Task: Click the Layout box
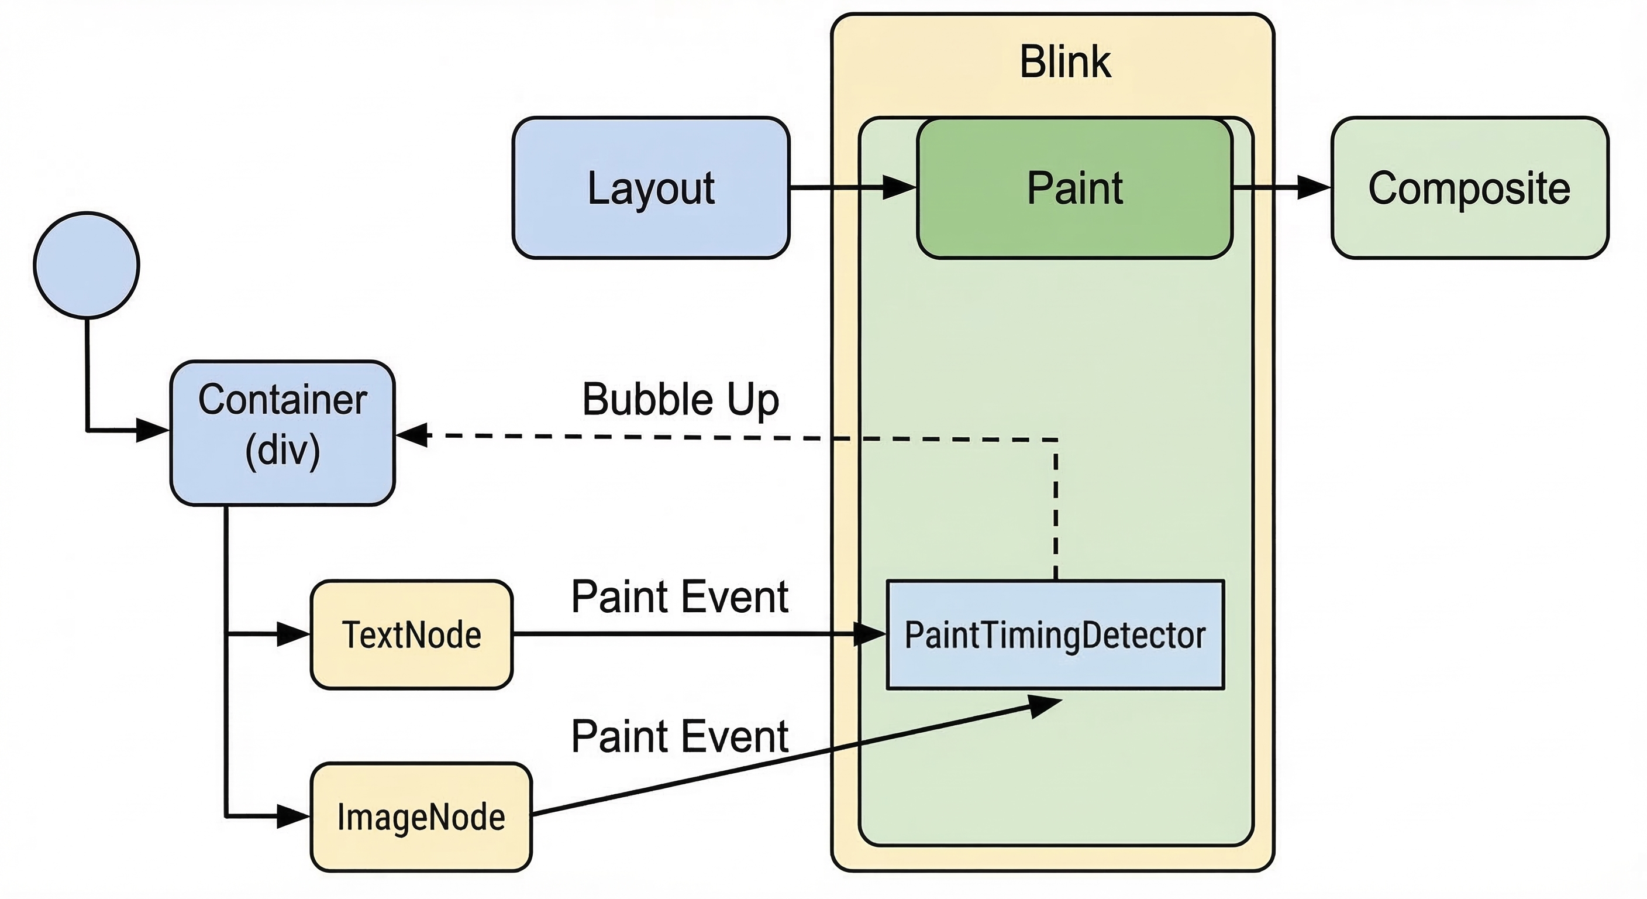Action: [651, 187]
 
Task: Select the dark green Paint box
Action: [1074, 187]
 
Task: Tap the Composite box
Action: [1469, 187]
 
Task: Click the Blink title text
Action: [1065, 62]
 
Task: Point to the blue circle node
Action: [87, 265]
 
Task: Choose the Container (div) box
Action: [282, 433]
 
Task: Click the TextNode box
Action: [411, 634]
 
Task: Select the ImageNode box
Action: [421, 816]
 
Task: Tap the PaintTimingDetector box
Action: [1055, 634]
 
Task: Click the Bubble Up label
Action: [680, 399]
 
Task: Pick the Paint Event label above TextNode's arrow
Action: [679, 596]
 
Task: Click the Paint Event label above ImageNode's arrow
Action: [679, 736]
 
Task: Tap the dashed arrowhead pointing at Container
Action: [412, 435]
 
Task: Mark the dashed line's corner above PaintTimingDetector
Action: [1056, 440]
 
